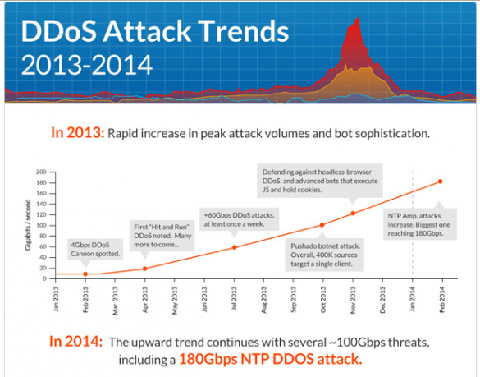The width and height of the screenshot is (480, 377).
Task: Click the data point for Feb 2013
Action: click(85, 274)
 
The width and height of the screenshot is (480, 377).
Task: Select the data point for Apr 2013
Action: click(144, 269)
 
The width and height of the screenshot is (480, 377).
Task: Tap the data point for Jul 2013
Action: click(234, 247)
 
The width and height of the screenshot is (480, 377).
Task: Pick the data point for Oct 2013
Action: click(322, 225)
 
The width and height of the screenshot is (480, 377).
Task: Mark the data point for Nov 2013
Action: click(353, 214)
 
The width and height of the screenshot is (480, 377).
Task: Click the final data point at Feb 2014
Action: click(440, 182)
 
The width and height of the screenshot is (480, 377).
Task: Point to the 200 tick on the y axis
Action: click(41, 172)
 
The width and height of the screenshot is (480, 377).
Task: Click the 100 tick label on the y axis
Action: click(41, 226)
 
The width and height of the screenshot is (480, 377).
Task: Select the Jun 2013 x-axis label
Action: click(204, 299)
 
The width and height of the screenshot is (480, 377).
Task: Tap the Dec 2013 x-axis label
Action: click(382, 300)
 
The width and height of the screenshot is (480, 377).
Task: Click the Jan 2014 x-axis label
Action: click(412, 299)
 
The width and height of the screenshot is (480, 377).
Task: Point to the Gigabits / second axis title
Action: click(28, 225)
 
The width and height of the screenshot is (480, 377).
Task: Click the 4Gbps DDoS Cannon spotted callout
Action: click(95, 250)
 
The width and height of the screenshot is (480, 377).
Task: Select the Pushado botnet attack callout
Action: click(325, 255)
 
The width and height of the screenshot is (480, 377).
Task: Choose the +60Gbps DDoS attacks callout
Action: click(239, 219)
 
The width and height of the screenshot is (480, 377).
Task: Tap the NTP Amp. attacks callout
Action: click(420, 224)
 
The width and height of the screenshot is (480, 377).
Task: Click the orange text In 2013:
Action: click(78, 133)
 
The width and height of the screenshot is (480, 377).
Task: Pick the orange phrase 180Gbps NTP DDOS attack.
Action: click(271, 359)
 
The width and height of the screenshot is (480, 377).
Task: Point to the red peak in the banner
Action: click(357, 19)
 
